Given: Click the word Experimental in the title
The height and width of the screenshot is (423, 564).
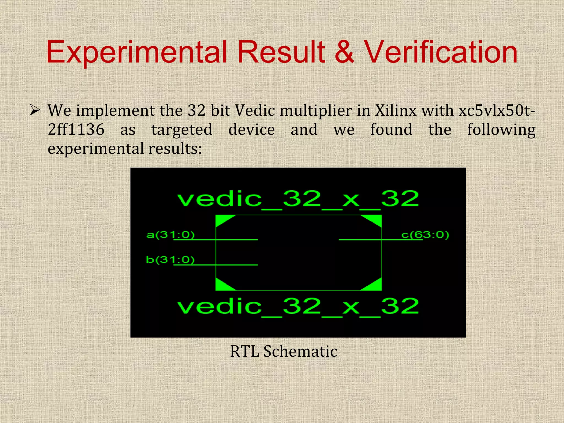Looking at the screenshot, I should click(x=137, y=52).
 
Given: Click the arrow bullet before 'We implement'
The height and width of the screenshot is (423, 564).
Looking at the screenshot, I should click(x=35, y=111).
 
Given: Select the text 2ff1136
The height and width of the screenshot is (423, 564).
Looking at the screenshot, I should click(x=76, y=129).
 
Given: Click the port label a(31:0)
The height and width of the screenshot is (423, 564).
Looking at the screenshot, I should click(x=170, y=235).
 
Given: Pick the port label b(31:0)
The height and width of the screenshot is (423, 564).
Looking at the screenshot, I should click(x=170, y=259).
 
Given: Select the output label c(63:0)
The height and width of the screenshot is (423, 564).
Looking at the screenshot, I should click(x=425, y=235).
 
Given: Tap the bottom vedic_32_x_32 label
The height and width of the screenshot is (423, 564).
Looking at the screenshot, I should click(x=298, y=307).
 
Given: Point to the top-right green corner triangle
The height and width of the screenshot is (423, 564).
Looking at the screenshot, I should click(x=375, y=219).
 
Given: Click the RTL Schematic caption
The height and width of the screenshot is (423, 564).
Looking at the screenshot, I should click(x=284, y=351).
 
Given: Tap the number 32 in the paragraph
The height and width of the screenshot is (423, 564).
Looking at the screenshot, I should click(x=197, y=111).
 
